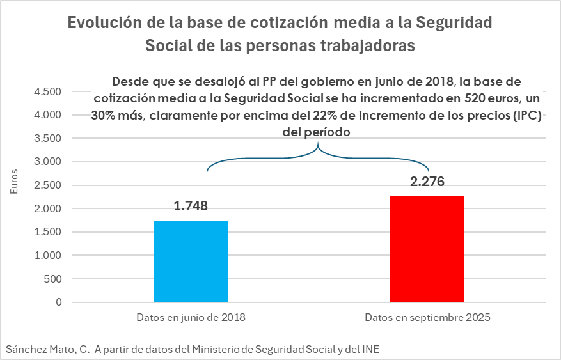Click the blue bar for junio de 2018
(x=191, y=261)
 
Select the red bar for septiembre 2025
(x=427, y=249)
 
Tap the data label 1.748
(x=191, y=206)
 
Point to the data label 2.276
(x=427, y=182)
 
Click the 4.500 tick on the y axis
(x=49, y=91)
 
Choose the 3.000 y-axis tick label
(x=49, y=162)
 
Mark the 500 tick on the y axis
(x=54, y=279)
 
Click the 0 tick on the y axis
(x=59, y=302)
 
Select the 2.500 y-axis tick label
(x=49, y=185)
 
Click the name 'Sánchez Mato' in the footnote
(x=40, y=349)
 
